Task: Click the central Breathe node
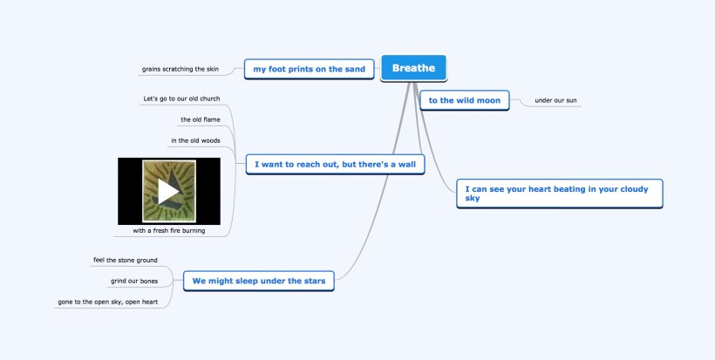click(x=413, y=68)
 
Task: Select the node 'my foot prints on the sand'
click(x=309, y=69)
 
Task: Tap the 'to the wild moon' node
click(x=465, y=100)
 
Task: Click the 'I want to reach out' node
click(x=335, y=163)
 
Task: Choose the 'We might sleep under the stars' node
click(x=258, y=281)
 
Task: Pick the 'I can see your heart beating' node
click(x=559, y=193)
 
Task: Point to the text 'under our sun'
click(x=555, y=100)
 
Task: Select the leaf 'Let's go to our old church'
click(x=181, y=98)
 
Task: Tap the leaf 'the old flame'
click(x=200, y=119)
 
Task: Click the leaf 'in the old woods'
click(x=195, y=140)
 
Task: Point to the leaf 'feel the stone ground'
click(x=125, y=260)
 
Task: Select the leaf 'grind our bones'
click(x=134, y=281)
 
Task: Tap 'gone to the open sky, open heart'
click(x=107, y=302)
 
